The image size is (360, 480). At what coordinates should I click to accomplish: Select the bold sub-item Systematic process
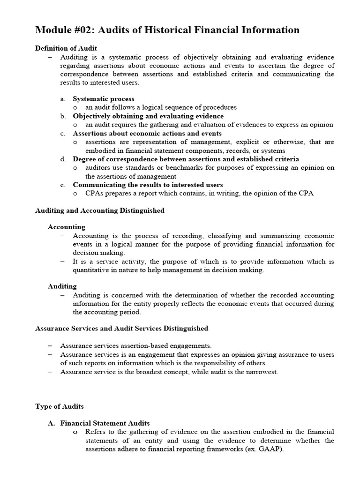(x=104, y=99)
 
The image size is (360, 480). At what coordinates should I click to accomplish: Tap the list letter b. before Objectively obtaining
(x=63, y=116)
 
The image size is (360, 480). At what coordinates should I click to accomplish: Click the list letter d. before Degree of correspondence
(x=63, y=159)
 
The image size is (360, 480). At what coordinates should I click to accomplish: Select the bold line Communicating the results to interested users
(x=148, y=185)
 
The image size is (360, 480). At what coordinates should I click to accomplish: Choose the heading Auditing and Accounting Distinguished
(x=100, y=210)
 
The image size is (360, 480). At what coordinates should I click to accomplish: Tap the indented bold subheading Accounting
(x=67, y=227)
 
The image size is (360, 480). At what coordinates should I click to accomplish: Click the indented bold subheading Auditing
(x=62, y=286)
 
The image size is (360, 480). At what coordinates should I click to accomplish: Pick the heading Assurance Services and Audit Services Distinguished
(x=122, y=328)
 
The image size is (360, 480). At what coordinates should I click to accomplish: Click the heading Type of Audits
(x=60, y=406)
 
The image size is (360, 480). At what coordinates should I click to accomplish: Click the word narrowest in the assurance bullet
(x=262, y=372)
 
